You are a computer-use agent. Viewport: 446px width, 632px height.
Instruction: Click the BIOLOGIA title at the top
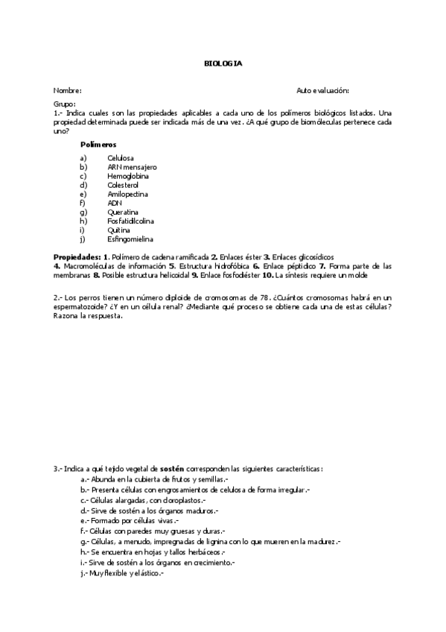click(223, 63)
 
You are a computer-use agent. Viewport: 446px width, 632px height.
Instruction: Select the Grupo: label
click(65, 104)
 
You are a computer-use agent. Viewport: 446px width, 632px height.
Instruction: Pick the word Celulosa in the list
click(121, 158)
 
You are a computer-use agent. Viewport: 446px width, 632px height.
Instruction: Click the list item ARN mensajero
click(132, 167)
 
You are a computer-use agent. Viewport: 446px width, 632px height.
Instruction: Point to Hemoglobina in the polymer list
click(127, 176)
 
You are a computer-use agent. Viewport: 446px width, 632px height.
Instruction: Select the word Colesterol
click(125, 185)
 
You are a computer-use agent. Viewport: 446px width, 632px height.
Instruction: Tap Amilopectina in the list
click(127, 194)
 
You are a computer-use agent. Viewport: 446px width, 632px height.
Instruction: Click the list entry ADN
click(114, 203)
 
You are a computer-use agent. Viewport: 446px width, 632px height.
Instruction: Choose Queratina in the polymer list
click(123, 212)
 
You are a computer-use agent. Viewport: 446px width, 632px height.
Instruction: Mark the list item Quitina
click(119, 230)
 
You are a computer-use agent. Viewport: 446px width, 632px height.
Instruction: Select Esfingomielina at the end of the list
click(130, 239)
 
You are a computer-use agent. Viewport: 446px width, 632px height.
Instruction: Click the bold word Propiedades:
click(77, 256)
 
